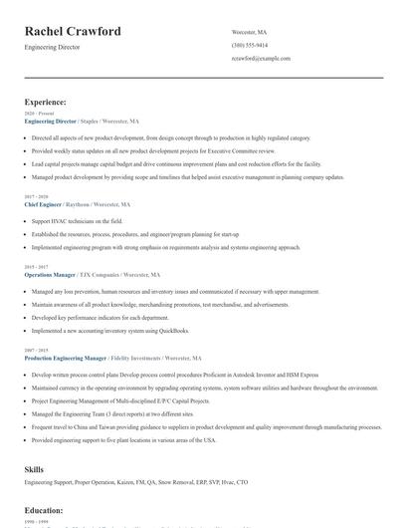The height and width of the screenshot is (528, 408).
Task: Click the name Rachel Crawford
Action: point(73,32)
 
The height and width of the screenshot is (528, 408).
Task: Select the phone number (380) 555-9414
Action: point(249,45)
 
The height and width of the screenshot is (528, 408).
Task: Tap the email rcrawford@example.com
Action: point(261,59)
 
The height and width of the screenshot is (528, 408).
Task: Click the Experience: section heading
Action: point(46,102)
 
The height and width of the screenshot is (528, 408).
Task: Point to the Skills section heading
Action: point(34,467)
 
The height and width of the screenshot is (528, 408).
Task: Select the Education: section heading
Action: point(44,510)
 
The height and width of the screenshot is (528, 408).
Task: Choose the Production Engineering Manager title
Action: point(67,357)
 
